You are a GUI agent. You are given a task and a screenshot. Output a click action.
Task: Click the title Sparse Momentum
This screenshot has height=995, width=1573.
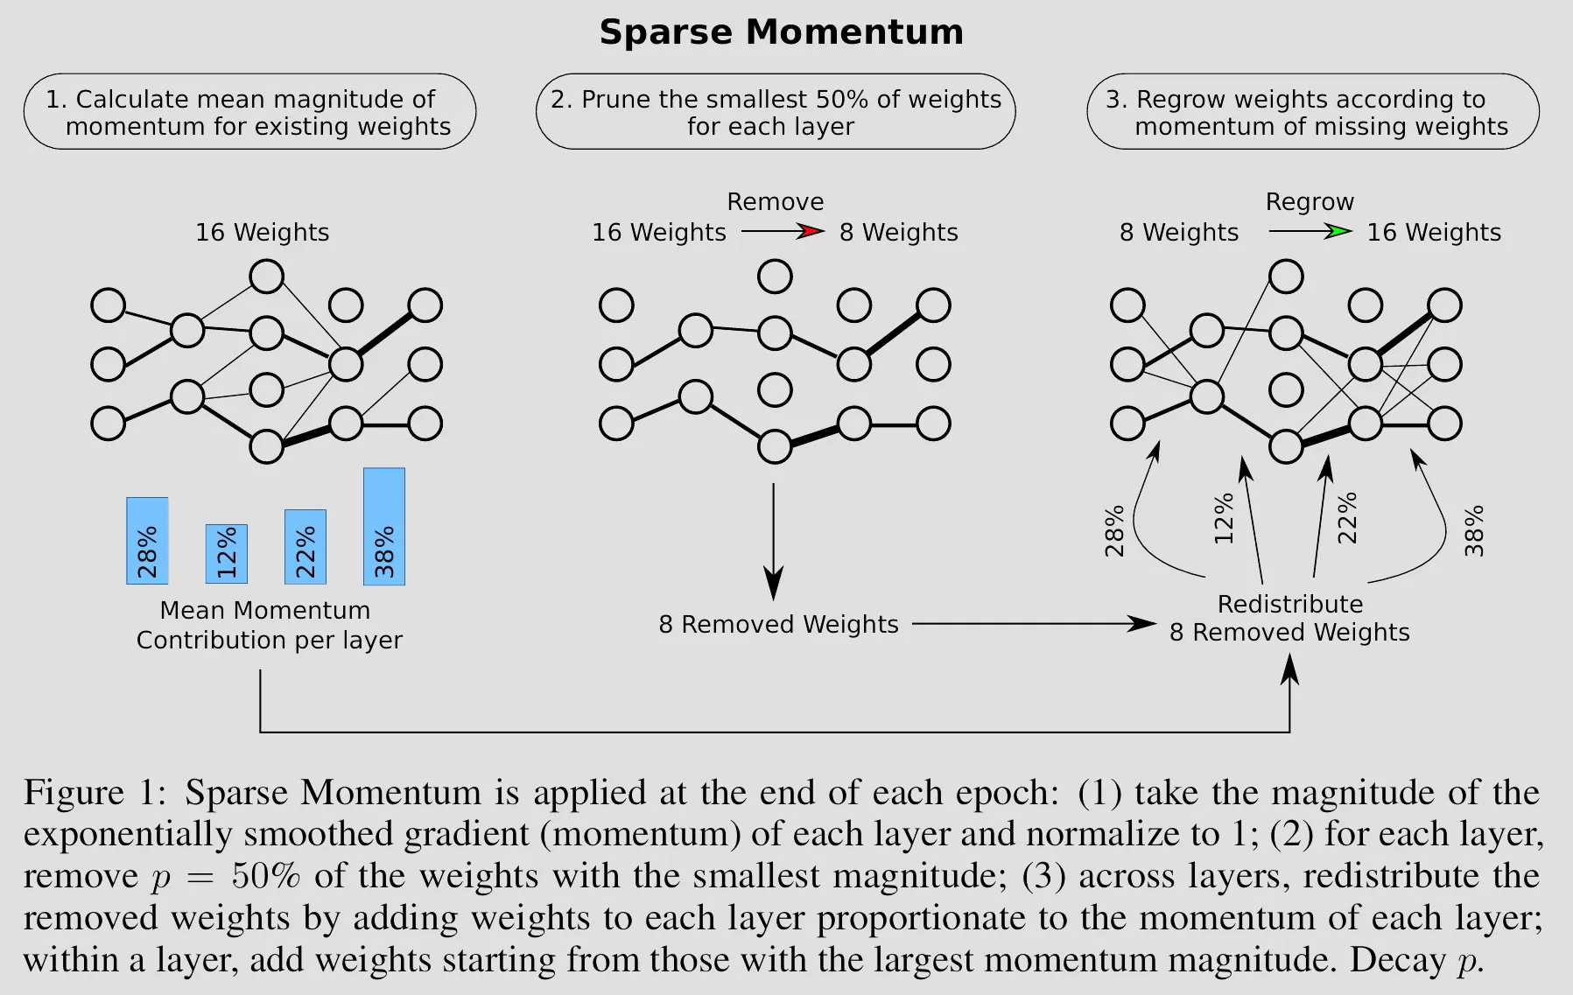click(x=781, y=32)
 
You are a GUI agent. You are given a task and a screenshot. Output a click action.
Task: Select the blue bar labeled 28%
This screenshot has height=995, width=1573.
click(x=147, y=541)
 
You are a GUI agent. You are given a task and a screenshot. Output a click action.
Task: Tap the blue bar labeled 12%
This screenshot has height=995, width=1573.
click(x=226, y=554)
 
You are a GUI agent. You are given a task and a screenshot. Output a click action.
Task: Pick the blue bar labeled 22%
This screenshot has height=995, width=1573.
click(x=305, y=547)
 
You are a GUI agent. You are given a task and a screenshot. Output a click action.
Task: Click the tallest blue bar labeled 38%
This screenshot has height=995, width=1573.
click(x=384, y=526)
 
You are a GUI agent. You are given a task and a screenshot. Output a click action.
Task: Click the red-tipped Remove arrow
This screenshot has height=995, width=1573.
click(x=783, y=232)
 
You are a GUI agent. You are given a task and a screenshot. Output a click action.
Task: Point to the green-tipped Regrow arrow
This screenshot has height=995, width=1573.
click(x=1310, y=232)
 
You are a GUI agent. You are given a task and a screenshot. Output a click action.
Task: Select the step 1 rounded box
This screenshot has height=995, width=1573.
click(x=249, y=112)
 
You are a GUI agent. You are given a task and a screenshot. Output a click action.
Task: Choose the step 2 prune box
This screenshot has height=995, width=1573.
click(x=776, y=112)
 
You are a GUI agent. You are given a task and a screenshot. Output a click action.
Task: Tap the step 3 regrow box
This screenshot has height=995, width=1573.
click(x=1313, y=112)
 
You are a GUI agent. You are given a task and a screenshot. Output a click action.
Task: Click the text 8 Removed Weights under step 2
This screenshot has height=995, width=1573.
click(x=778, y=625)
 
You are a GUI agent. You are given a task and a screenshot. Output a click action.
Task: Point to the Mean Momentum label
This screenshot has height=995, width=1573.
click(x=265, y=611)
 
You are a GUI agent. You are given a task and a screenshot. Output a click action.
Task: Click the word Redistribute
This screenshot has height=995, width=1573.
click(x=1289, y=605)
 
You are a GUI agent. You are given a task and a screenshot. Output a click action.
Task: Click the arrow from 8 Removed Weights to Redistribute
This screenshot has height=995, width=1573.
click(x=1033, y=624)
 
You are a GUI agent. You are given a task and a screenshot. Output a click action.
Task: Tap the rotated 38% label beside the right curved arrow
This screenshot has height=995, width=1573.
click(x=1474, y=530)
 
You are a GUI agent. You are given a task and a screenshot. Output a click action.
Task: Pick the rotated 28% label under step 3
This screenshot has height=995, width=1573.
click(x=1114, y=531)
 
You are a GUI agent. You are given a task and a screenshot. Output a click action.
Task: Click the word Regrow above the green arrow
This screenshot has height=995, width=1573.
click(x=1310, y=202)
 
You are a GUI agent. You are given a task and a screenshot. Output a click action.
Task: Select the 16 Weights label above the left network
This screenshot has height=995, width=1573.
click(x=262, y=233)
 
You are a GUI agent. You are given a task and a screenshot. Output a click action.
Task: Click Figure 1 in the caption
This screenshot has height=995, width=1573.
click(x=94, y=793)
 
